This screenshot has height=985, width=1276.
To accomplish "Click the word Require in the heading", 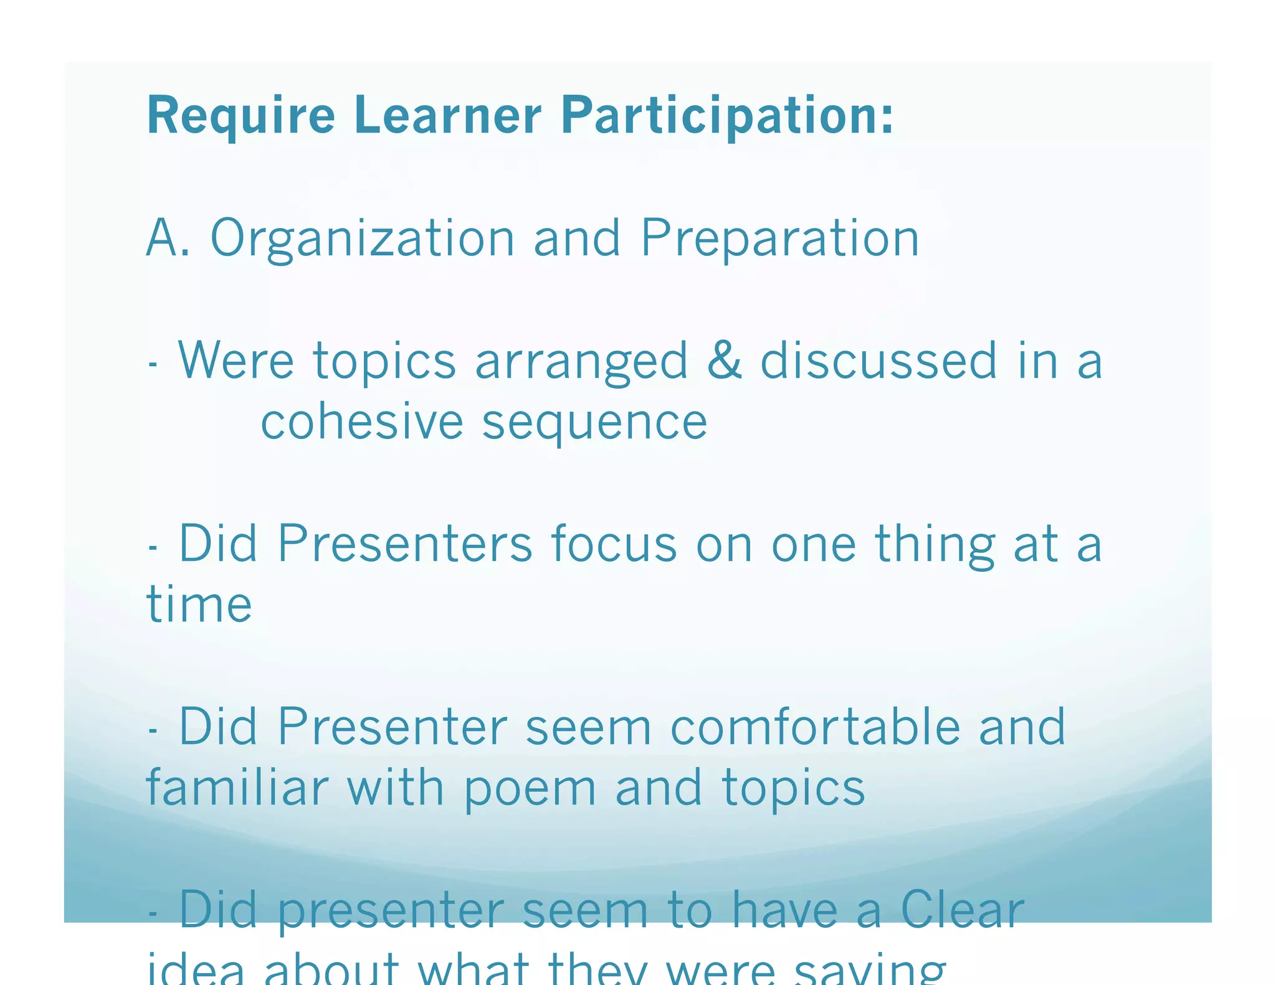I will click(240, 116).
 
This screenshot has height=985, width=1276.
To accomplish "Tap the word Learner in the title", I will click(447, 115).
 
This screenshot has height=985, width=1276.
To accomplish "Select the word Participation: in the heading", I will click(727, 116).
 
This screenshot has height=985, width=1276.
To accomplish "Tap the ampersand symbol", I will click(725, 360).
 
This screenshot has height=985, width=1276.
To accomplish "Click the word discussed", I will click(878, 360).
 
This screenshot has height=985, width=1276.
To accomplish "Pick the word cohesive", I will click(361, 422).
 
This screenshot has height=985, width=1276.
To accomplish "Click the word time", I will click(199, 604).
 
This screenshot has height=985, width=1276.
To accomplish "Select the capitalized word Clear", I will click(963, 909).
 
